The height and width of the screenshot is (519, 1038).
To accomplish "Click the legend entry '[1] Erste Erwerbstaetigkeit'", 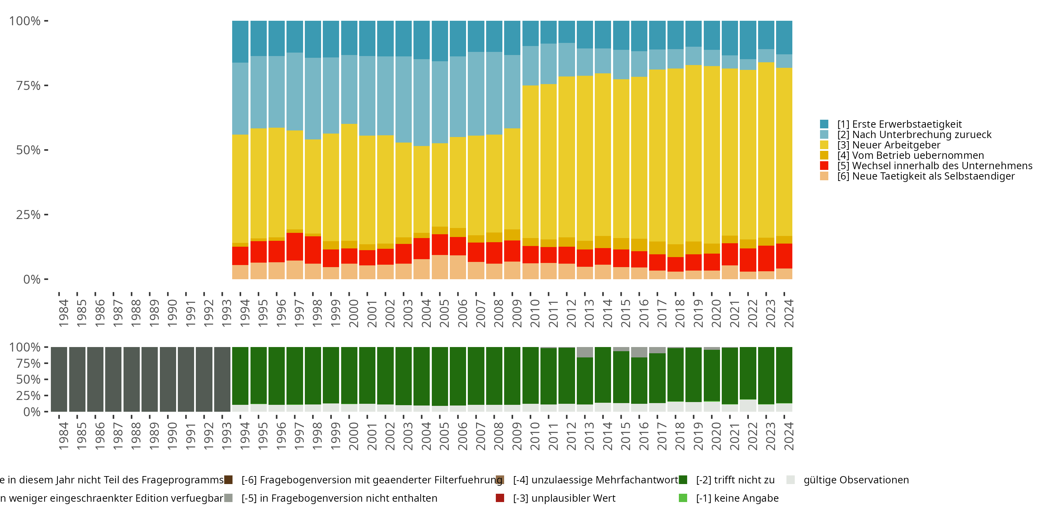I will [x=899, y=124].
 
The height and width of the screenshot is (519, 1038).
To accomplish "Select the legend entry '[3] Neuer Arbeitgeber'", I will [x=889, y=145].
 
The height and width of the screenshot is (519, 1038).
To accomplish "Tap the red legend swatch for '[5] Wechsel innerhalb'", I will [x=824, y=166].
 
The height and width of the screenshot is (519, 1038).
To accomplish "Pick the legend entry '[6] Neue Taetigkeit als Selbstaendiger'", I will [x=926, y=176].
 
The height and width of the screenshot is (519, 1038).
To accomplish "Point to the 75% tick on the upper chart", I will [x=46, y=85].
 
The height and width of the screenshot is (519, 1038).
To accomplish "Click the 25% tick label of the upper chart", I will [x=28, y=215].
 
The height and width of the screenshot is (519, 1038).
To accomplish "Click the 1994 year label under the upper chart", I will [x=245, y=313].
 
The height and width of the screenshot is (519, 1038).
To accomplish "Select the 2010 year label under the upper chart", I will [x=535, y=313].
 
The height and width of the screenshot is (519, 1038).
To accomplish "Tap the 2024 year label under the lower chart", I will [x=789, y=436].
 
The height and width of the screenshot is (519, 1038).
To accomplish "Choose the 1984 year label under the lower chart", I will [x=63, y=436].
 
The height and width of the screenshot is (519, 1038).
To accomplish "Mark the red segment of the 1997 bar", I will [x=294, y=247].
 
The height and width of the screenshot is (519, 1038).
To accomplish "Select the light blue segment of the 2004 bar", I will [x=421, y=102].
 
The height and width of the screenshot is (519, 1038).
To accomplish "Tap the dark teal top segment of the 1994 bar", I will [x=240, y=42].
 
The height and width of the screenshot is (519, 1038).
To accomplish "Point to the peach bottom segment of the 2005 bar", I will [x=440, y=267].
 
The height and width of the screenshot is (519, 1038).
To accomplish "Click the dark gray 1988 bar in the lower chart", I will [x=131, y=379].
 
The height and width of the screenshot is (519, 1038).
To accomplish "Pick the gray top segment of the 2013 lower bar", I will [x=585, y=352].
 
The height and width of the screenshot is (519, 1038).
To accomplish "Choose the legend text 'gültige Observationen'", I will [x=856, y=480].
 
